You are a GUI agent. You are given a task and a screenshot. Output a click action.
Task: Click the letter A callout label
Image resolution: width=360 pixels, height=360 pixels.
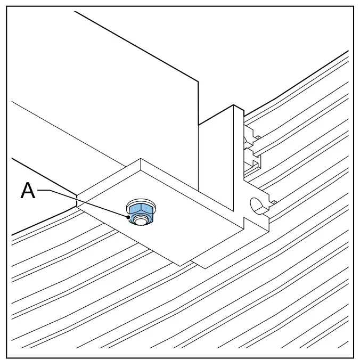tap(28, 190)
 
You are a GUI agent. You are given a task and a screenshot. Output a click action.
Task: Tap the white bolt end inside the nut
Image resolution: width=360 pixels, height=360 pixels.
tap(140, 220)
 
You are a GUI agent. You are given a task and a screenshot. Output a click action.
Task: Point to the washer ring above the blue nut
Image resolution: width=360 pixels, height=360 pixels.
tap(141, 201)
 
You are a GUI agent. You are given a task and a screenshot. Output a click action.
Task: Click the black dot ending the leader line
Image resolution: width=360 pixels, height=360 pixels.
tap(128, 217)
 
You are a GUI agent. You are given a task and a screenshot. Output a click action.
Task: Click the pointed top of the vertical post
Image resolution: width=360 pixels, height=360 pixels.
tap(234, 105)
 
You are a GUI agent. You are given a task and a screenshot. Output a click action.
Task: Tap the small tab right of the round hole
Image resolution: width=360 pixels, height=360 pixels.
tap(274, 202)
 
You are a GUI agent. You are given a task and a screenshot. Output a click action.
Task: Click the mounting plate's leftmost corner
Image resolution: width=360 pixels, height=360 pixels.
tap(77, 196)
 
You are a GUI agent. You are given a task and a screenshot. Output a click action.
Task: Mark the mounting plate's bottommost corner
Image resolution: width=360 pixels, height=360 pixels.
tap(181, 266)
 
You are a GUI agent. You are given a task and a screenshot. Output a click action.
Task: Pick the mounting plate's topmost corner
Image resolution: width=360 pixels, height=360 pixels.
tap(141, 158)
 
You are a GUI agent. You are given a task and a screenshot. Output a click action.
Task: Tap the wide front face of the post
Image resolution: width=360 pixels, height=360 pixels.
tap(216, 161)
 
